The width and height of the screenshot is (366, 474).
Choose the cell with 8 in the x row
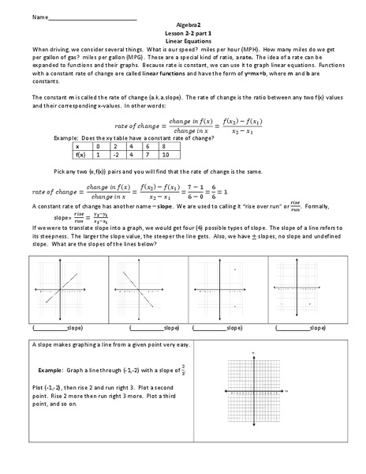pyautogui.click(x=164, y=146)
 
